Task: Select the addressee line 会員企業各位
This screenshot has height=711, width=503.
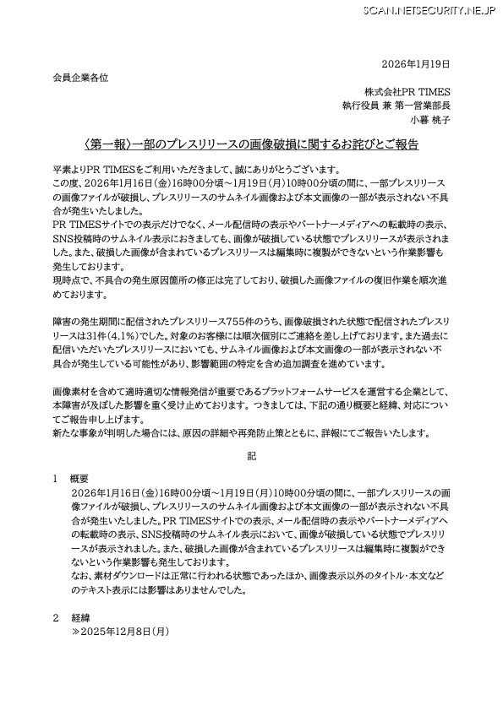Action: click(x=79, y=77)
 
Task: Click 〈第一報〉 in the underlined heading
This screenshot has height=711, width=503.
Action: click(x=108, y=144)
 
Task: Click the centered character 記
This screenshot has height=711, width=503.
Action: click(x=251, y=456)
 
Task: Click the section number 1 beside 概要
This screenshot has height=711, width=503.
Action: click(x=55, y=478)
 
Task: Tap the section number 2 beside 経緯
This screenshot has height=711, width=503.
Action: click(x=55, y=616)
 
